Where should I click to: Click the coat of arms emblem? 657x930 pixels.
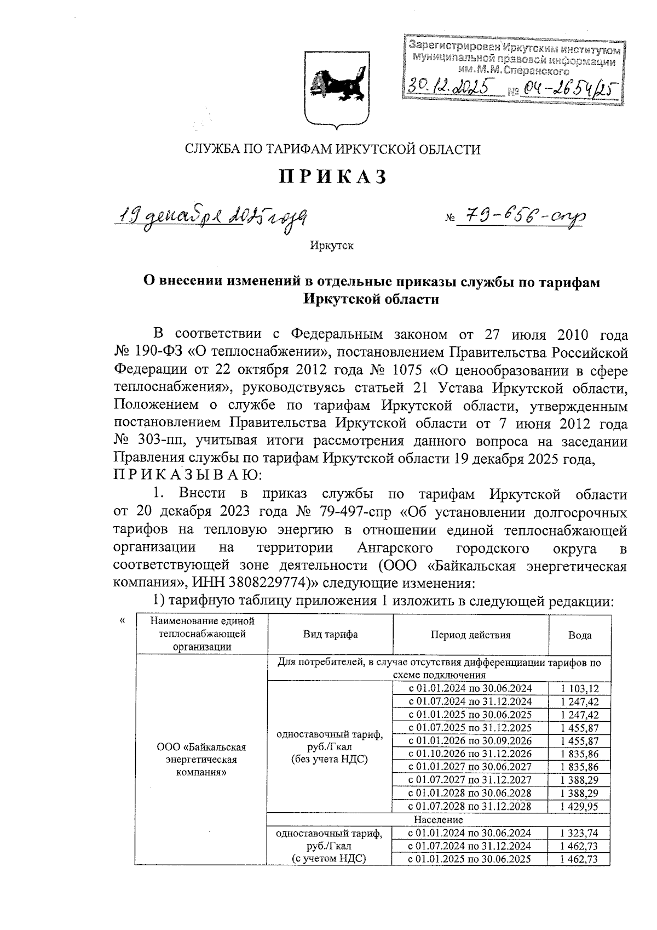pyautogui.click(x=335, y=88)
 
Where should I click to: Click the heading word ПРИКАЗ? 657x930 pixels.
pyautogui.click(x=333, y=176)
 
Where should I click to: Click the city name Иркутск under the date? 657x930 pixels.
pyautogui.click(x=332, y=246)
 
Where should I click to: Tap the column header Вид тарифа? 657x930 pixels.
pyautogui.click(x=331, y=635)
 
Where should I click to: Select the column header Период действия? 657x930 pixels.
pyautogui.click(x=470, y=635)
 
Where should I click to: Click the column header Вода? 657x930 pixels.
pyautogui.click(x=579, y=635)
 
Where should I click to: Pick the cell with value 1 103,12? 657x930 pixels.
pyautogui.click(x=579, y=688)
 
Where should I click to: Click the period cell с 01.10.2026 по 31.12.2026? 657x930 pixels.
pyautogui.click(x=470, y=754)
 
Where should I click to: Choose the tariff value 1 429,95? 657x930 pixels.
pyautogui.click(x=579, y=806)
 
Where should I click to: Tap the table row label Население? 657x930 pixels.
pyautogui.click(x=439, y=820)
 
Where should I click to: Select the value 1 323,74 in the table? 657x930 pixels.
pyautogui.click(x=579, y=833)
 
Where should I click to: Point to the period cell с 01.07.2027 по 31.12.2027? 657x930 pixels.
pyautogui.click(x=470, y=780)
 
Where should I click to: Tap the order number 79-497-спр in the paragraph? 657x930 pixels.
pyautogui.click(x=347, y=512)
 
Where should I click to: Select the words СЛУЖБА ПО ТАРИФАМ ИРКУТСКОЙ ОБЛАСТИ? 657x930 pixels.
pyautogui.click(x=332, y=149)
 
